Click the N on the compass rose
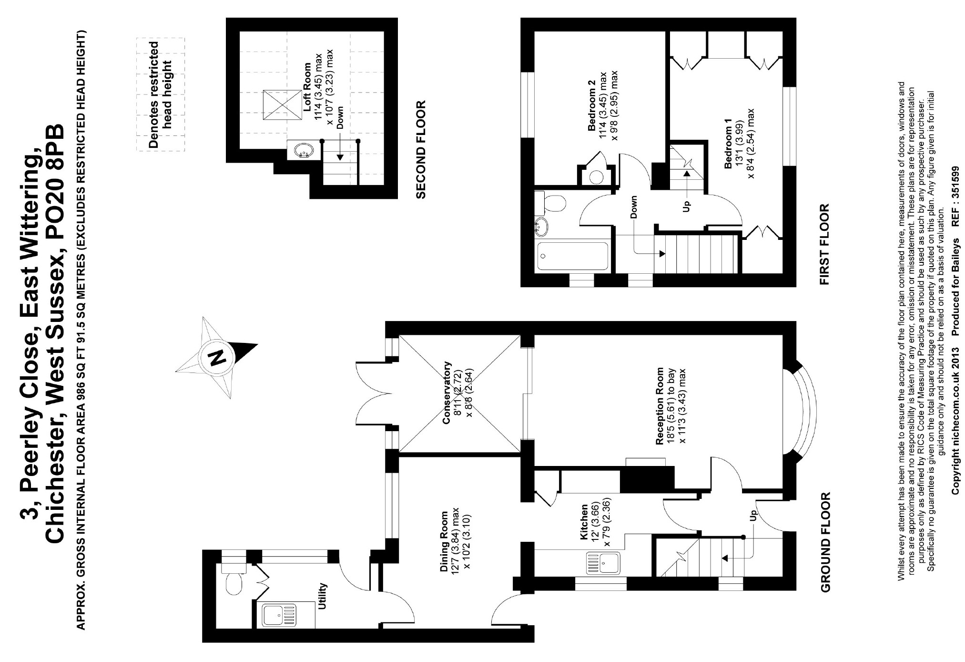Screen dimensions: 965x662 pos(217,357)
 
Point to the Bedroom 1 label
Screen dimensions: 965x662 pos(728,147)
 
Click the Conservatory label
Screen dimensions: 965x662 pos(447,393)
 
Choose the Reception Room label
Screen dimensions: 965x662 pos(660,406)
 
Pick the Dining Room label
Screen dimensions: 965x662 pos(444,542)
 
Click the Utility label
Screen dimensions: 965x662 pos(323,596)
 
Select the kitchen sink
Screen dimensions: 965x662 pos(602,562)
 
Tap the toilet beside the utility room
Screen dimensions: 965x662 pos(234,583)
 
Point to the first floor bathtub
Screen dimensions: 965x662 pos(574,256)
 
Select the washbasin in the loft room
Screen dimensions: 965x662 pos(301,151)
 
